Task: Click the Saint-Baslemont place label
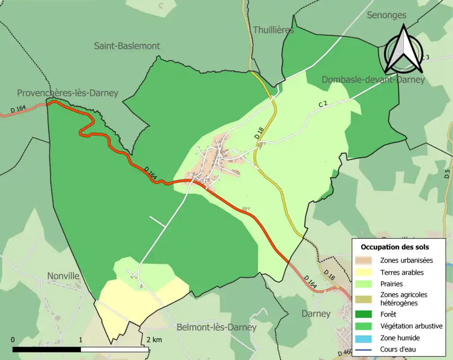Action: [127, 46]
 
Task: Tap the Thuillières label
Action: [273, 30]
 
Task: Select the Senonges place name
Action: [386, 15]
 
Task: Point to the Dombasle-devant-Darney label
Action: [373, 80]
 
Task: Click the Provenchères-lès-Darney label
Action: [67, 93]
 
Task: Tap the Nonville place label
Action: [63, 276]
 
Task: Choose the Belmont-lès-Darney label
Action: [217, 327]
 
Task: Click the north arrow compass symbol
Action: [403, 49]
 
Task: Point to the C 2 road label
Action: [323, 104]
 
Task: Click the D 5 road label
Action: [447, 173]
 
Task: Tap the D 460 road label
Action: [345, 353]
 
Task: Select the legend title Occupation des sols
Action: [394, 247]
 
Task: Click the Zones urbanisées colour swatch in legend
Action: [366, 260]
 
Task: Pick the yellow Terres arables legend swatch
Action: [366, 272]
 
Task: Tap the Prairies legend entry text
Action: [392, 284]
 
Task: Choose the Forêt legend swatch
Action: [366, 314]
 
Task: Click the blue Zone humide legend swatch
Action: [366, 338]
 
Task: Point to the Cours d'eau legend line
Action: [366, 350]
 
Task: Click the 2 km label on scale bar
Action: [154, 340]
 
